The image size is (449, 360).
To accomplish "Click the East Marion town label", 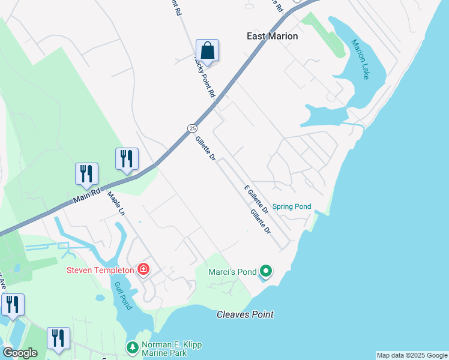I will coord(272,36).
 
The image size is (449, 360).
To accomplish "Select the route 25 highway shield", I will coord(191,128).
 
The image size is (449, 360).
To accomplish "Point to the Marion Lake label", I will coord(360,59).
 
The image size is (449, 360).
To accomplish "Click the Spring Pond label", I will coord(292,207).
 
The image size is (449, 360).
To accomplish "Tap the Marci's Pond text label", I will coord(232,272).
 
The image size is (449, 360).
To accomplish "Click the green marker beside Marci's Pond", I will coord(266,272).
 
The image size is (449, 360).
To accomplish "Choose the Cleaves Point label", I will coord(245,314).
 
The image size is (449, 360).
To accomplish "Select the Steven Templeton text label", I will coord(100,270).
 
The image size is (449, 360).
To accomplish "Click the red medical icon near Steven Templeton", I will coord(143,269).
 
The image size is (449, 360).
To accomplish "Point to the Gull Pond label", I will coord(123,296).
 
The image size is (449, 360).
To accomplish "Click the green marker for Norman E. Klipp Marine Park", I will coord(132,347).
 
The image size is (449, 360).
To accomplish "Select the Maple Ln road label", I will coord(116,203).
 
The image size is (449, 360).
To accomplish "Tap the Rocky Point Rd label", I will coord(204,77).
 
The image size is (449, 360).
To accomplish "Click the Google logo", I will coord(20,353).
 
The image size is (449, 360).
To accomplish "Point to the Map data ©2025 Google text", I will coord(412,355).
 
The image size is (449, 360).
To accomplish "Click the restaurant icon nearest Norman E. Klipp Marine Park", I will coord(58,338).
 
